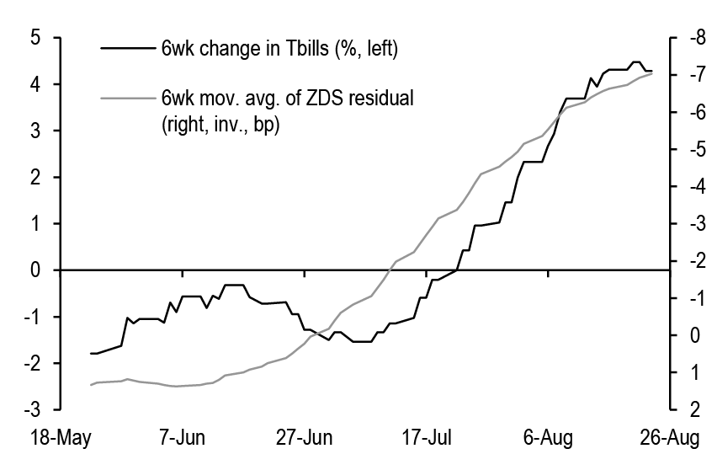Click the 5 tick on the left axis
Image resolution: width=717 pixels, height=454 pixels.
click(35, 38)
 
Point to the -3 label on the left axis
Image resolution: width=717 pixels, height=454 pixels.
click(31, 409)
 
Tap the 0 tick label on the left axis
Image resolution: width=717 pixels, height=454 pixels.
click(35, 270)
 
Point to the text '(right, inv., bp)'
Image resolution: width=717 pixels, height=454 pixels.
click(221, 124)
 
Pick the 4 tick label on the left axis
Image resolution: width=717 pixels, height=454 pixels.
click(35, 84)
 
